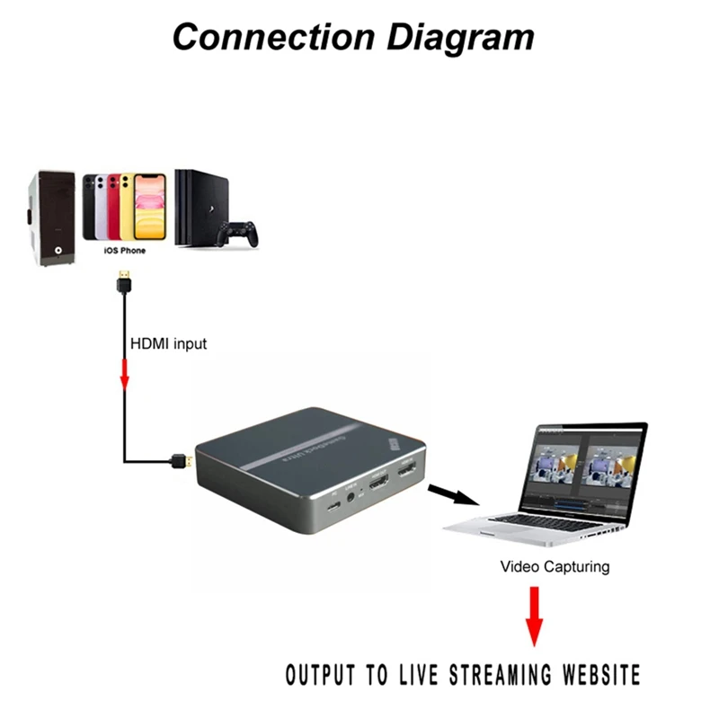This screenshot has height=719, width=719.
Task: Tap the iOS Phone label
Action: coord(124,251)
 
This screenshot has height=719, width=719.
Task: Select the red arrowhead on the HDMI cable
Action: coord(125,381)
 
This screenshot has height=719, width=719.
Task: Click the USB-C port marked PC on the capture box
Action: coord(334,507)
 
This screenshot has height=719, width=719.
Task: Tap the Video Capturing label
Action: coord(555,567)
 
